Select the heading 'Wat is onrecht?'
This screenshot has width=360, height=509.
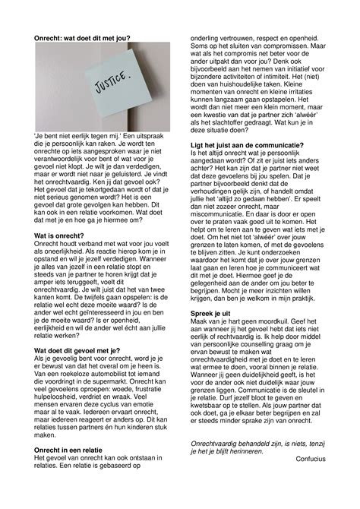click(60, 237)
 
